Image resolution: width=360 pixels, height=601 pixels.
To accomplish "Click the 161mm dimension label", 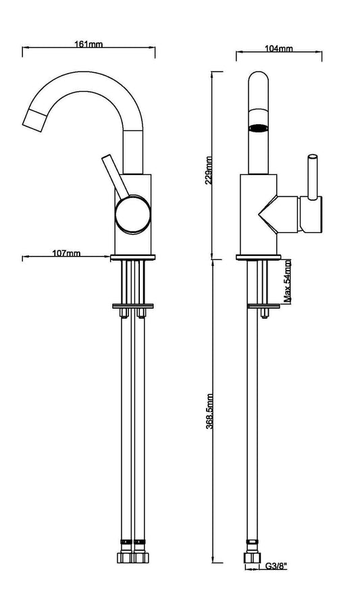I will [90, 44].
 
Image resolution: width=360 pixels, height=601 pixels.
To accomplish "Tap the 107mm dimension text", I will [66, 253].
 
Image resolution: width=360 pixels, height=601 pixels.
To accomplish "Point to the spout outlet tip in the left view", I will [32, 118].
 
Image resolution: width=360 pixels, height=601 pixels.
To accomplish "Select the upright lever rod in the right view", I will [312, 177].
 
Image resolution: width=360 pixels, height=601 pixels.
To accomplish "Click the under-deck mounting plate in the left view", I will [133, 307].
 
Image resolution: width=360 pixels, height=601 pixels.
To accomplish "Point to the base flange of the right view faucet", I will [258, 257].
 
